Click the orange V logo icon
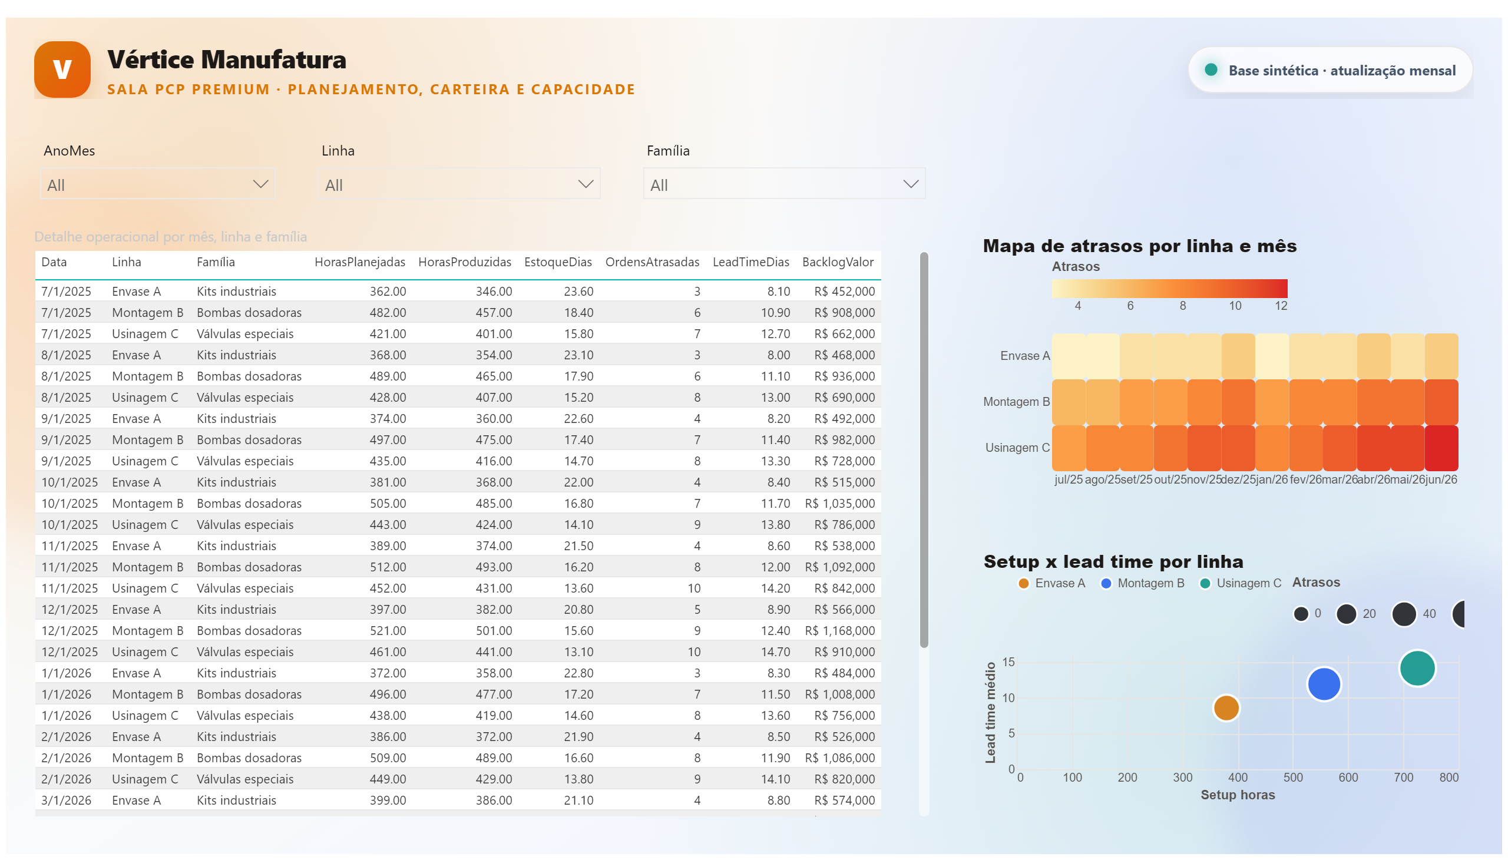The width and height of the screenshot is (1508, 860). (x=62, y=69)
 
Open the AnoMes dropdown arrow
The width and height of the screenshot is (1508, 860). (x=260, y=184)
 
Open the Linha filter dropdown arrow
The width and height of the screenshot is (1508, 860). (x=586, y=184)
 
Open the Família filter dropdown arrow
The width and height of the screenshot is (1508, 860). (x=911, y=184)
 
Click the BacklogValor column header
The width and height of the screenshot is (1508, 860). (x=838, y=262)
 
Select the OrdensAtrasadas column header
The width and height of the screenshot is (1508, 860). (x=652, y=262)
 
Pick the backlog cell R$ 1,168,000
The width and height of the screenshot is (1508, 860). (x=839, y=631)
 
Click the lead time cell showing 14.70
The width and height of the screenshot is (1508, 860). (x=775, y=652)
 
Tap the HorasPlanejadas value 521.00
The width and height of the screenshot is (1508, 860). (x=388, y=631)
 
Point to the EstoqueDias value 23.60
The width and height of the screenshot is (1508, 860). (x=578, y=291)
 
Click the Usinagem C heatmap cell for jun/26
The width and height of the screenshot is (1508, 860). (x=1441, y=448)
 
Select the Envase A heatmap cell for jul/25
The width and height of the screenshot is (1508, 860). (x=1069, y=356)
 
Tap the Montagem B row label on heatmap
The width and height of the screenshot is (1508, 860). (x=1016, y=402)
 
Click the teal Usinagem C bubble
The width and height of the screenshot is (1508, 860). (x=1417, y=668)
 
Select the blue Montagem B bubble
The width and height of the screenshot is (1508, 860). (x=1324, y=684)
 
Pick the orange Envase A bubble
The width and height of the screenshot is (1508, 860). (x=1226, y=707)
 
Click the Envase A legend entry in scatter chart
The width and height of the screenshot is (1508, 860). (x=1052, y=583)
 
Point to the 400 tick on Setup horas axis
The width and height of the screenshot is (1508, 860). (x=1238, y=778)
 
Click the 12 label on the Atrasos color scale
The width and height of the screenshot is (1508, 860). (x=1281, y=306)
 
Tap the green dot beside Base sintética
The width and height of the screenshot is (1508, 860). (x=1211, y=70)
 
